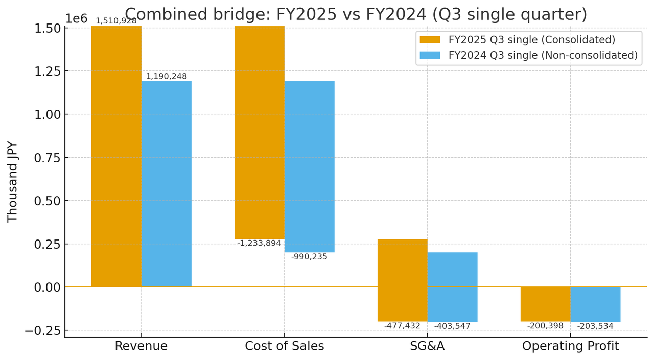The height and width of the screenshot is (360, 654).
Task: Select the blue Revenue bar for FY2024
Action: tap(167, 184)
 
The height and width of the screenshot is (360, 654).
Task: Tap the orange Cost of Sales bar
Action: tap(260, 133)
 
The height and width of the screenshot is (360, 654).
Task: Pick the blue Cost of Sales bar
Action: tap(310, 166)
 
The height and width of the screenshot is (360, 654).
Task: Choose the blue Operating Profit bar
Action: tap(595, 304)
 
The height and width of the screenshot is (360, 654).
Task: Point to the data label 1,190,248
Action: tap(167, 77)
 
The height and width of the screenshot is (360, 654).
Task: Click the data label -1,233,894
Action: tap(259, 244)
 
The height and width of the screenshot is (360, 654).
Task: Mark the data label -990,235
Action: tap(309, 257)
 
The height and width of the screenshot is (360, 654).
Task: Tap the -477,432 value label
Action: tap(402, 326)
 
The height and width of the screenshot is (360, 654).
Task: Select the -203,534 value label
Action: tap(595, 326)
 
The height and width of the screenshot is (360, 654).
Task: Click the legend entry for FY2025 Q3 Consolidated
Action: tap(531, 40)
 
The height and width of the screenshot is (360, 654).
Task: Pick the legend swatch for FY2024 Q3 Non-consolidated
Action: tap(430, 55)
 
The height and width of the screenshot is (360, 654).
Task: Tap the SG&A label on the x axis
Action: tap(427, 346)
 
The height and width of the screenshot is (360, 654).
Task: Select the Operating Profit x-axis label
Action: tap(570, 346)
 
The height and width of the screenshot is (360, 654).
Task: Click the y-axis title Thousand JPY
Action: tap(13, 182)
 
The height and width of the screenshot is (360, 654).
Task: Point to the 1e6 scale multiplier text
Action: tap(76, 19)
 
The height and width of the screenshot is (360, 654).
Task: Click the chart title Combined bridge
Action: tap(356, 14)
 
